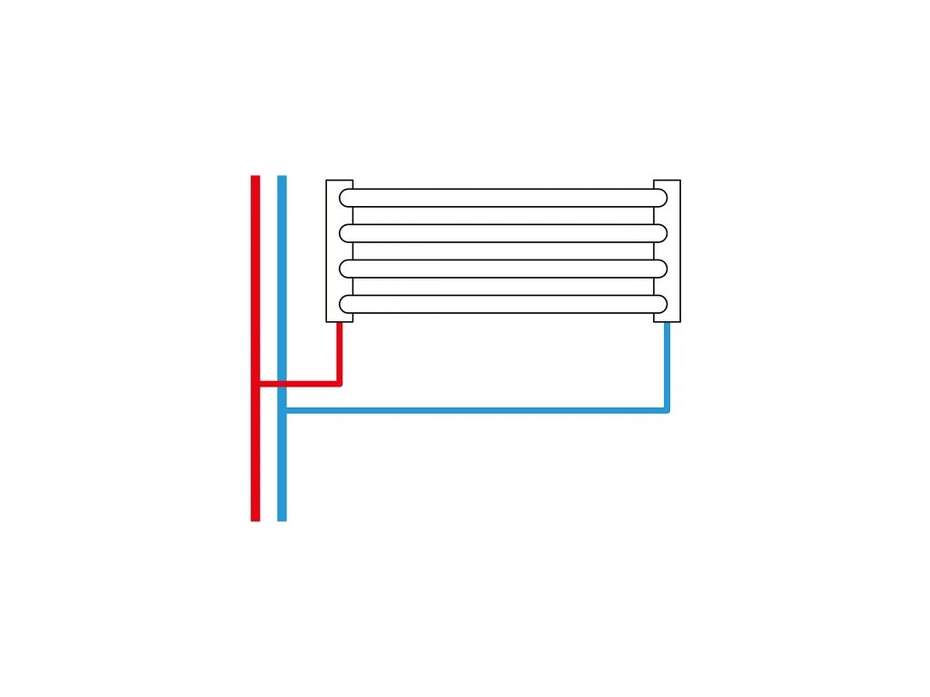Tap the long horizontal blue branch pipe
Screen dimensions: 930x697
tap(472, 410)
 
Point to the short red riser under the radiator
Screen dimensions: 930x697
tap(340, 349)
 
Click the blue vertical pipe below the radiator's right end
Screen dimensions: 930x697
tap(668, 363)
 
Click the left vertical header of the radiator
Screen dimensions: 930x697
tap(332, 250)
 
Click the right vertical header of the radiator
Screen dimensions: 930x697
tap(673, 250)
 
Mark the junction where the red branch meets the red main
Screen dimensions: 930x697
tap(256, 383)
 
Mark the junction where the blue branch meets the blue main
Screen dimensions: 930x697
tap(282, 410)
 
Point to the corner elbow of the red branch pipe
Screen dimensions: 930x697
tap(339, 382)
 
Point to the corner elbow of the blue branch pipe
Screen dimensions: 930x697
tap(667, 409)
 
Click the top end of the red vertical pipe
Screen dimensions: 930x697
tap(255, 179)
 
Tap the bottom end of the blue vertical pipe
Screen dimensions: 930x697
tap(282, 517)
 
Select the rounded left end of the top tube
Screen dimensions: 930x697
tap(345, 197)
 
